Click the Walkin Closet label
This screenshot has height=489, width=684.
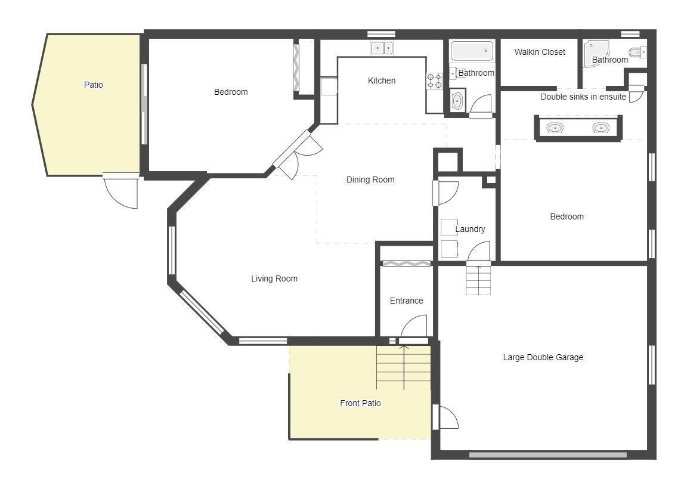[540, 52]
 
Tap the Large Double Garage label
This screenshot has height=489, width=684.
[543, 357]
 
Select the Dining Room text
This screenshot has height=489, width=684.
[370, 179]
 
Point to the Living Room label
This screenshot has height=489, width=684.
[274, 278]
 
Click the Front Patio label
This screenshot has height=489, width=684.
[360, 404]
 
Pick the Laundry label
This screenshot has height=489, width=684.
[471, 229]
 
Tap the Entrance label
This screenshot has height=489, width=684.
[407, 301]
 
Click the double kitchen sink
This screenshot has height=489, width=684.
[382, 48]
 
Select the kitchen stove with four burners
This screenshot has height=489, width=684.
[435, 81]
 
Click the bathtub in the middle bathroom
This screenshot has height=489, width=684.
[472, 51]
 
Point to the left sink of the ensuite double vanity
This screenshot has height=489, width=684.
[555, 128]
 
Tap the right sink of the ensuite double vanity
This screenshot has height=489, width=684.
[601, 128]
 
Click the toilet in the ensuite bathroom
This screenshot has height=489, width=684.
[639, 52]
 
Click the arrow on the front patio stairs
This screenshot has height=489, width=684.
[404, 367]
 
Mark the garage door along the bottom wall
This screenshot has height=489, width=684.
[548, 455]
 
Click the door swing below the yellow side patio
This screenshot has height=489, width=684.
[121, 191]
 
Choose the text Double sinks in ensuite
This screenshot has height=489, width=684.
[583, 97]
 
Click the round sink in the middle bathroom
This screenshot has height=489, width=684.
[457, 101]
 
